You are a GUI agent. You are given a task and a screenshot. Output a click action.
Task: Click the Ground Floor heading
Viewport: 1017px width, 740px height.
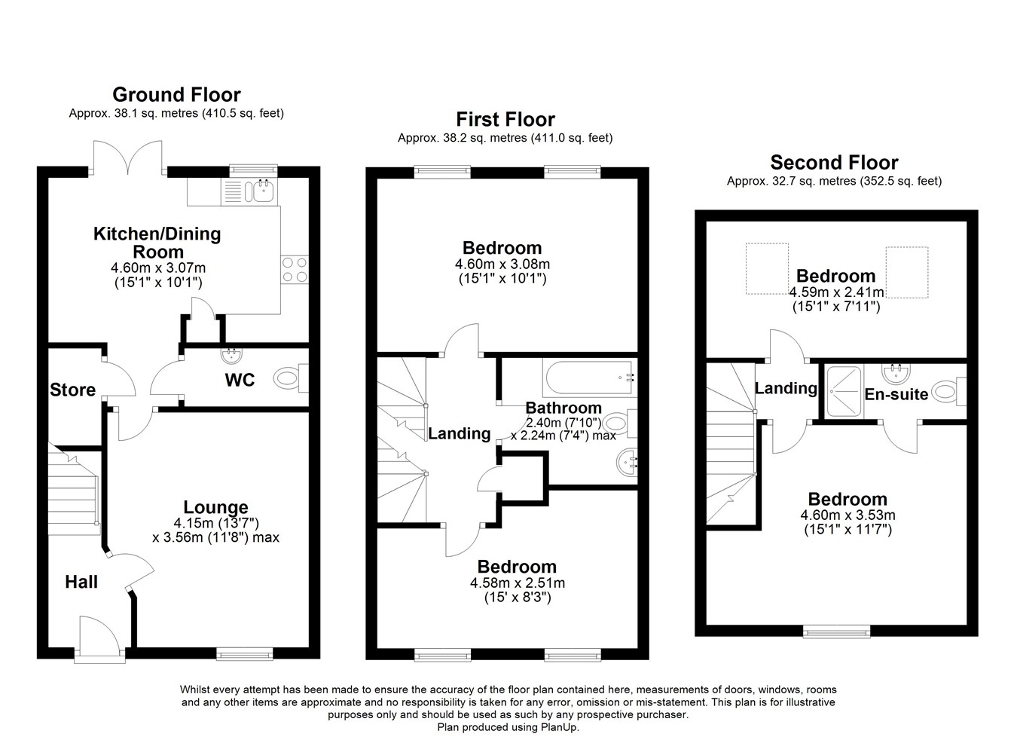176,95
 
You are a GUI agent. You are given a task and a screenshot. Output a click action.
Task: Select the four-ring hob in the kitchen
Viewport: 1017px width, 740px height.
295,270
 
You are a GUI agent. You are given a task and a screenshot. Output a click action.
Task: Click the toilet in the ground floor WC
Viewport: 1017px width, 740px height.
291,378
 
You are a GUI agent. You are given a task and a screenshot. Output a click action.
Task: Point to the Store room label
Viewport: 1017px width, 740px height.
72,390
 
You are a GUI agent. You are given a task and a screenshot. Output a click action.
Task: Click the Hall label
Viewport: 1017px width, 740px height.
81,582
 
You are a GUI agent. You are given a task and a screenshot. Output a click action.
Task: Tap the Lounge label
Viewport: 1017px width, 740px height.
215,506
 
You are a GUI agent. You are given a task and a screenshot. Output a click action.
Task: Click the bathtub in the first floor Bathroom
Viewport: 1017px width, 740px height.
590,378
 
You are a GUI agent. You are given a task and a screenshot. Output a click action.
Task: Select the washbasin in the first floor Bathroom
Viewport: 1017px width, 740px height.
627,463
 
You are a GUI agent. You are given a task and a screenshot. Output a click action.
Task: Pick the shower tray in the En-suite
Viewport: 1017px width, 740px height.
844,392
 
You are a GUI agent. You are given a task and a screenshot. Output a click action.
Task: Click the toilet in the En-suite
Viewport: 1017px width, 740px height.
948,392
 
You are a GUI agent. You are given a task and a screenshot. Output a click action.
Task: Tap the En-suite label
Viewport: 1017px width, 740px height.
896,394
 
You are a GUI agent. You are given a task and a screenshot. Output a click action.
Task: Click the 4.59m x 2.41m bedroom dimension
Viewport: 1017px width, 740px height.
836,292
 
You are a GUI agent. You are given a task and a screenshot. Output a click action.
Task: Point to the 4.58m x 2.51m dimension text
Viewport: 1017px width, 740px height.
518,583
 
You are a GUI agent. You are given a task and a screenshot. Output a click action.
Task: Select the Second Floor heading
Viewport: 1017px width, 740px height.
835,163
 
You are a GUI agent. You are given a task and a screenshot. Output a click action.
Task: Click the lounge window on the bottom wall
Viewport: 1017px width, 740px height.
245,654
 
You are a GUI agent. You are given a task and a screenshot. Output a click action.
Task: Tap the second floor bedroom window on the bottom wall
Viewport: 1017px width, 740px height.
837,632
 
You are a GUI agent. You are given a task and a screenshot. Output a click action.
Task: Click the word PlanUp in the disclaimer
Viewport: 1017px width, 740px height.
559,727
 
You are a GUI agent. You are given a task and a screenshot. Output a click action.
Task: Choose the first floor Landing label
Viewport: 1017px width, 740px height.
460,434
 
